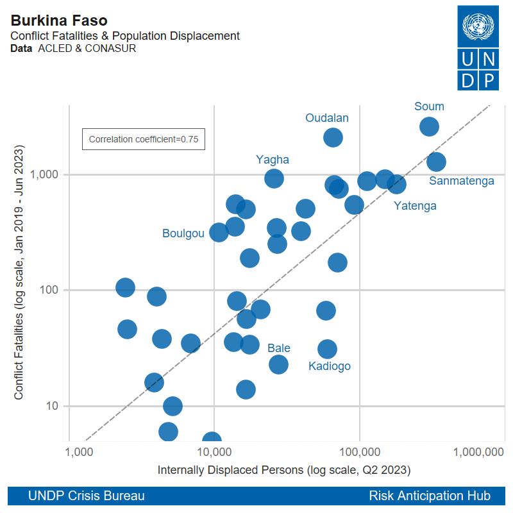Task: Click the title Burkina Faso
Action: click(59, 20)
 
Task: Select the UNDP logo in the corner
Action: click(477, 47)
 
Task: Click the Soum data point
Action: click(429, 126)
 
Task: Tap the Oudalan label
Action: click(327, 118)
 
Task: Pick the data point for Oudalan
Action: click(333, 137)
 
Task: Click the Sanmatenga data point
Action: click(436, 162)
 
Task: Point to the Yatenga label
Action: click(415, 206)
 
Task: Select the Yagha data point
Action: click(274, 178)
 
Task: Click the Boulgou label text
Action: click(183, 233)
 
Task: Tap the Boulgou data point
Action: click(219, 232)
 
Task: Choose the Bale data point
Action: click(278, 364)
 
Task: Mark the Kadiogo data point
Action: click(327, 349)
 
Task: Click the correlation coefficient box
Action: click(143, 139)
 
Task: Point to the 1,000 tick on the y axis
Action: click(45, 174)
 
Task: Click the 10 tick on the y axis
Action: click(53, 406)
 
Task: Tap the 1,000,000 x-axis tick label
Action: click(478, 451)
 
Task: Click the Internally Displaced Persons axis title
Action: click(283, 470)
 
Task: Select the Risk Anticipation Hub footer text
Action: click(430, 496)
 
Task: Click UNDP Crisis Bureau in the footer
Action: click(86, 496)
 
